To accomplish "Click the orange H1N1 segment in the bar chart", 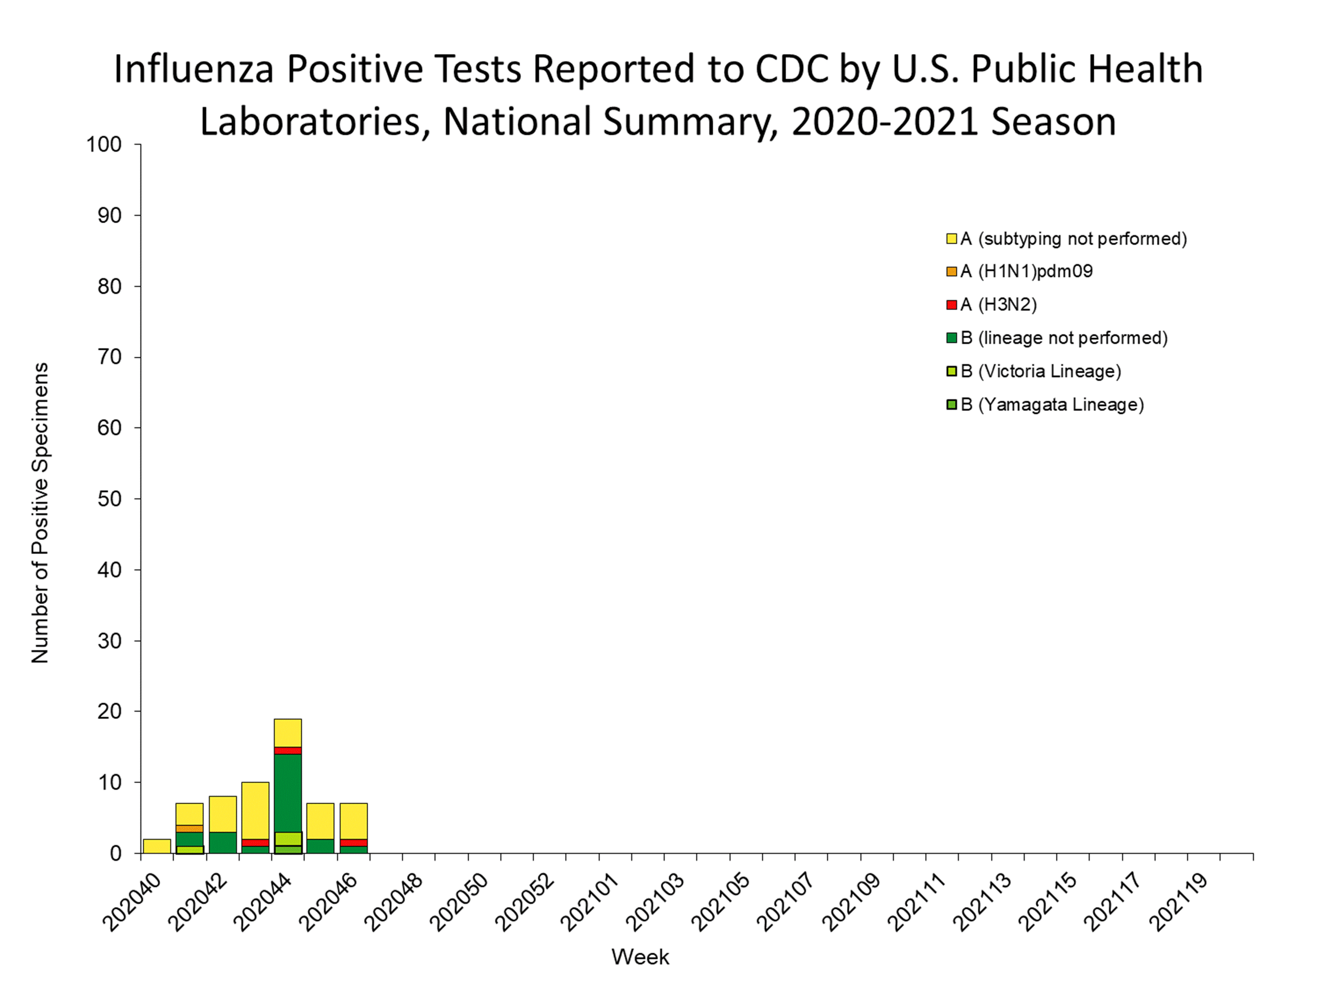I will coord(189,828).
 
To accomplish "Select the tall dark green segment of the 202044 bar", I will coord(288,792).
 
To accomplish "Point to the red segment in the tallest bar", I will coord(288,751).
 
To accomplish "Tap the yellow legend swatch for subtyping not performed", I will coord(952,239).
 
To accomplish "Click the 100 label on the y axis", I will coord(104,144).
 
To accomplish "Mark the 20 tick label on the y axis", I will coord(110,711).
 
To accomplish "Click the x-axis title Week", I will coord(640,957).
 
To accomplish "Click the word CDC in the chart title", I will coord(792,69).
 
